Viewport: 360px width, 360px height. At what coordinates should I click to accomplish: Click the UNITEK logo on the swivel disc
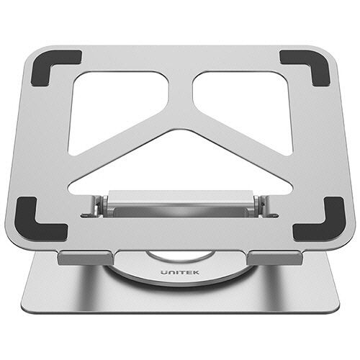tap(180, 272)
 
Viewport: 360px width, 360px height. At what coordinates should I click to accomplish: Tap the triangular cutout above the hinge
tap(180, 166)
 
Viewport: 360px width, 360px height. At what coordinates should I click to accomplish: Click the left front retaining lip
tap(86, 258)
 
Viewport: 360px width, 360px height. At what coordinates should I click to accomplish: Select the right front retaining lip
tap(275, 258)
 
